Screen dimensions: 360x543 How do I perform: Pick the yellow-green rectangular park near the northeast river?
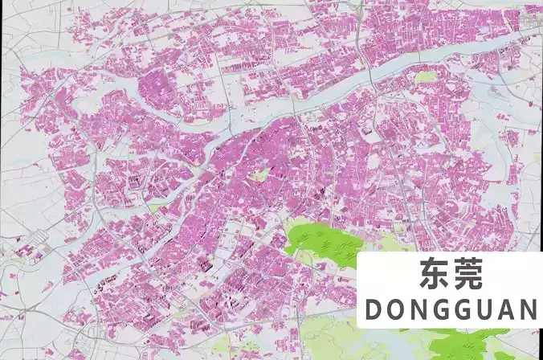425,77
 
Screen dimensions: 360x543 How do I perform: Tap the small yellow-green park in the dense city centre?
259,174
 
